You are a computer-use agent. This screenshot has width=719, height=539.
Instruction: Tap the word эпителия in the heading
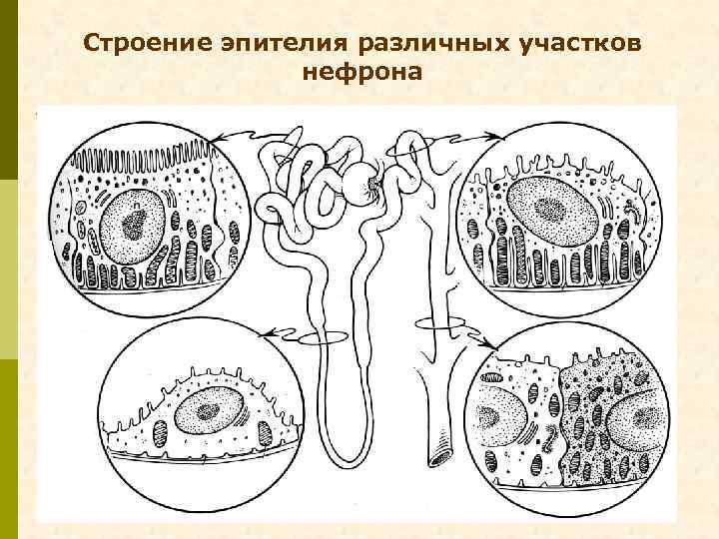click(265, 46)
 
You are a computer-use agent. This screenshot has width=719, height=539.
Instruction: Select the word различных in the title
click(397, 46)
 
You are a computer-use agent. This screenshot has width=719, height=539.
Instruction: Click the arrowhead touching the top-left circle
click(218, 138)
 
